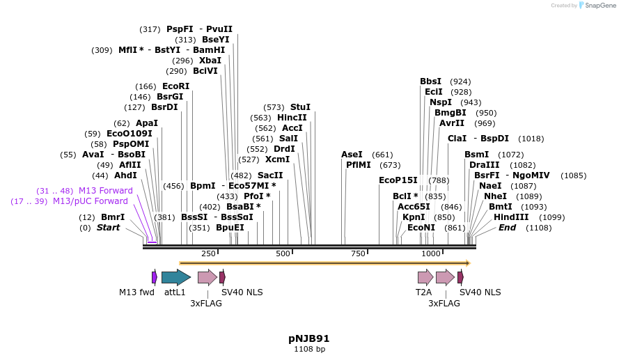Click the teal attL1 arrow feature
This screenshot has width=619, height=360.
[x=175, y=277]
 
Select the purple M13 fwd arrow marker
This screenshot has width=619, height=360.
[x=155, y=277]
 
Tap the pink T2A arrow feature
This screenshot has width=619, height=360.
[x=425, y=277]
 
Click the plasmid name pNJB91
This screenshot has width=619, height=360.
[x=309, y=338]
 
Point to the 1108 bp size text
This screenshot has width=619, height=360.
[x=309, y=349]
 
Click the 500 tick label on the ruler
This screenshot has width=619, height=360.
[x=283, y=253]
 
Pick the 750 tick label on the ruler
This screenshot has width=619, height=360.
[x=358, y=253]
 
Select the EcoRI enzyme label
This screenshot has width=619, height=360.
[x=175, y=86]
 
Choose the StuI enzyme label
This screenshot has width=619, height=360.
[x=300, y=107]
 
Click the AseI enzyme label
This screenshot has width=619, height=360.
[x=352, y=155]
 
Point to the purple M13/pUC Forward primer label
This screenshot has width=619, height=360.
[x=91, y=201]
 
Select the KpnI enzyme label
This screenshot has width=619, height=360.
[x=414, y=217]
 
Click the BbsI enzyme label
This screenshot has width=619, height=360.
[x=431, y=81]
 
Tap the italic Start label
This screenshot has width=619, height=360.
[x=108, y=228]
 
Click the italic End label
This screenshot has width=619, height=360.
[x=507, y=228]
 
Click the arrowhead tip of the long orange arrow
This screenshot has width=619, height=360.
[x=469, y=263]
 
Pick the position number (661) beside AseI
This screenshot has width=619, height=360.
[x=382, y=155]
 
